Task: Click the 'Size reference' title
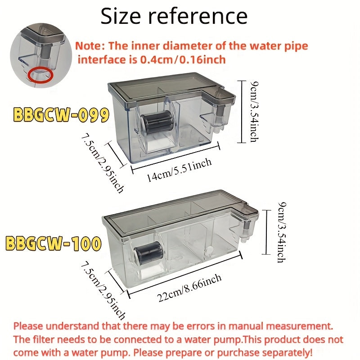[x=174, y=16]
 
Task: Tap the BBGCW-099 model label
[x=61, y=115]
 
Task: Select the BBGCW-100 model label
[x=53, y=243]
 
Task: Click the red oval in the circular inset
[x=41, y=75]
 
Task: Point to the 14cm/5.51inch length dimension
[x=179, y=170]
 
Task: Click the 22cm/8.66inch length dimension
[x=189, y=288]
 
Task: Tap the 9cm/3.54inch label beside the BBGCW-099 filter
[x=254, y=112]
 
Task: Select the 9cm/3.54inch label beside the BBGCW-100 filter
[x=282, y=232]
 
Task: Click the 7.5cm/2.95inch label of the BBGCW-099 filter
[x=103, y=163]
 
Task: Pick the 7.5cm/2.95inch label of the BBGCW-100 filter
[x=103, y=290]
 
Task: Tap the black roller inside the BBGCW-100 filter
[x=149, y=252]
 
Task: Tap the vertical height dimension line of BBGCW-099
[x=242, y=112]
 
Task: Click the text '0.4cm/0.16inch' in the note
[x=183, y=60]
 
